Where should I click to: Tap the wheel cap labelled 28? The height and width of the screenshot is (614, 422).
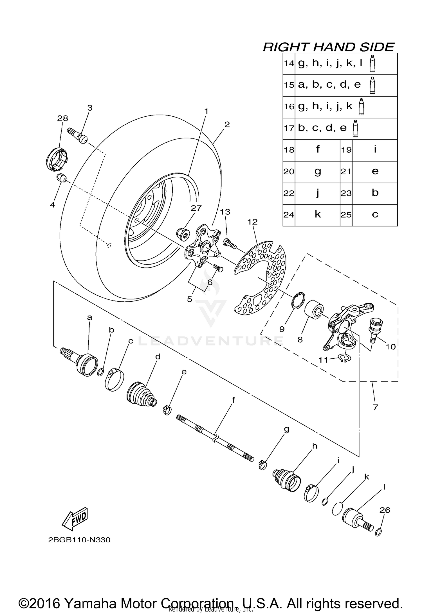coord(57,159)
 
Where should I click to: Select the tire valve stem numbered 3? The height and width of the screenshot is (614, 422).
coord(78,136)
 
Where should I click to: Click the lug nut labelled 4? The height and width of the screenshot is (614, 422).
coord(61,178)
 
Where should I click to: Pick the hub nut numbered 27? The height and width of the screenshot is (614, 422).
coord(182,234)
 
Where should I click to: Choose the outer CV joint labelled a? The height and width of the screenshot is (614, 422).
coord(82,363)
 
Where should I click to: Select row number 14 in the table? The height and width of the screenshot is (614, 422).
coord(288,63)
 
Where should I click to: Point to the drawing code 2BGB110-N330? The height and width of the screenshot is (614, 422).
coord(79,540)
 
